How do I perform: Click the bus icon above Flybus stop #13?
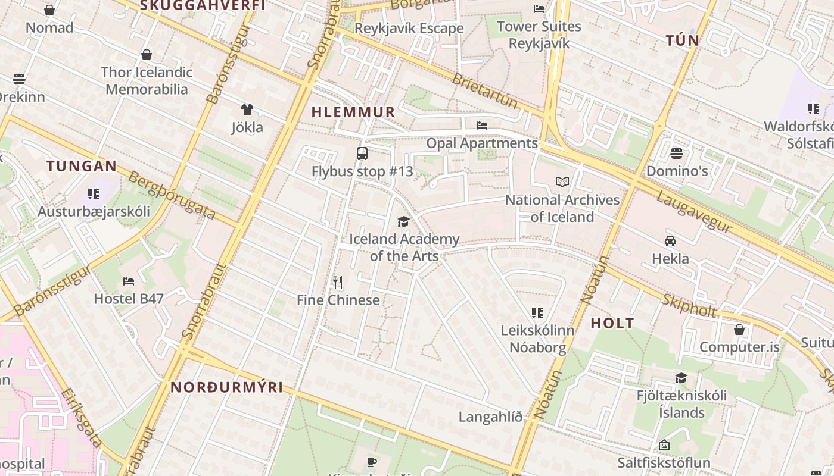362,154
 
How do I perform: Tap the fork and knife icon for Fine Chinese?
338,282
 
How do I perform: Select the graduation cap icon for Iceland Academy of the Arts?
404,221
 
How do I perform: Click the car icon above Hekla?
670,241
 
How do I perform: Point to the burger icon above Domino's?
676,154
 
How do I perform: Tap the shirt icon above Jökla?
247,109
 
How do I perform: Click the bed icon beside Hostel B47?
129,281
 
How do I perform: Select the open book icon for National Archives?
562,182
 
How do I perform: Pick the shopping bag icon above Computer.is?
739,330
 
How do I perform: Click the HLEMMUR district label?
353,112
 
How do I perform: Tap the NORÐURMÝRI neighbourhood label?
227,387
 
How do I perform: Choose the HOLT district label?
612,324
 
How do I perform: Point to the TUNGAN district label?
82,166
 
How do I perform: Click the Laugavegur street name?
694,212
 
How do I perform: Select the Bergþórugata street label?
172,195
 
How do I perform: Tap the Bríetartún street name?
485,91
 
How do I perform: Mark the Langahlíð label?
490,417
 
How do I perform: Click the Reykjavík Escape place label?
409,29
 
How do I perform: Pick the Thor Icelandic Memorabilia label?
147,81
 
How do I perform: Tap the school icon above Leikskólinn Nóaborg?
537,312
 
